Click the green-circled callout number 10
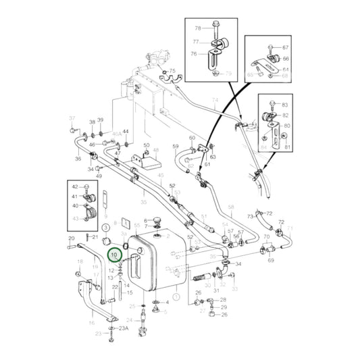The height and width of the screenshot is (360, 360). pyautogui.click(x=115, y=255)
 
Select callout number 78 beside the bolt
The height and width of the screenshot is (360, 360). pyautogui.click(x=199, y=28)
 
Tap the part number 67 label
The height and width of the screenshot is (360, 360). pyautogui.click(x=285, y=47)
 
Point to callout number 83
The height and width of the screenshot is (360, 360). pyautogui.click(x=284, y=105)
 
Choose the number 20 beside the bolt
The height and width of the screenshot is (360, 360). pyautogui.click(x=71, y=238)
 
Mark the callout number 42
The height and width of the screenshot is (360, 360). pyautogui.click(x=76, y=186)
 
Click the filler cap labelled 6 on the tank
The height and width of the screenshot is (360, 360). pyautogui.click(x=157, y=220)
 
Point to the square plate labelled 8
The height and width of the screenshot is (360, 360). pyautogui.click(x=124, y=224)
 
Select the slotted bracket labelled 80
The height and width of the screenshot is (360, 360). pyautogui.click(x=274, y=128)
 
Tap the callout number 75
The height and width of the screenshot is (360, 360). pyautogui.click(x=172, y=71)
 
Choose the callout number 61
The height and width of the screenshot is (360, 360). pyautogui.click(x=208, y=164)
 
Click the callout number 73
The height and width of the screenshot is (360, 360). pyautogui.click(x=249, y=216)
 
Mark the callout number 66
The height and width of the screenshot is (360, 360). pyautogui.click(x=285, y=59)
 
